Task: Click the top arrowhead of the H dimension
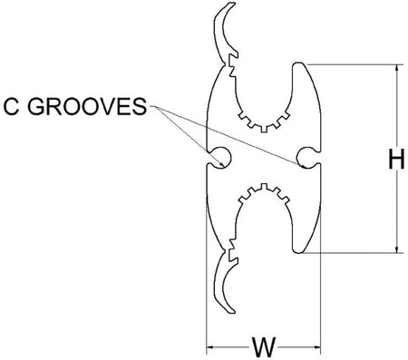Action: coord(395,68)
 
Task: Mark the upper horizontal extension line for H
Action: coord(354,63)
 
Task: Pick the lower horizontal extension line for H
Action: coord(354,253)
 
